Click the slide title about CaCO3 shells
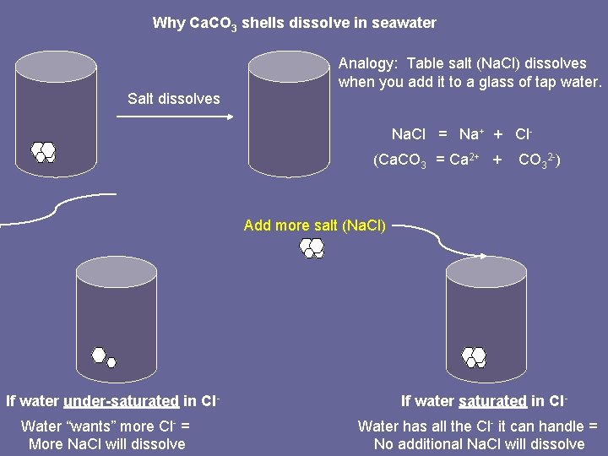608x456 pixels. [x=294, y=23]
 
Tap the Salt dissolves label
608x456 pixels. [x=173, y=99]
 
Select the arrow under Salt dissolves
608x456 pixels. [x=174, y=117]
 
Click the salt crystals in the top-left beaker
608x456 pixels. [x=44, y=152]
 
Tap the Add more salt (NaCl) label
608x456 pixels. [x=314, y=225]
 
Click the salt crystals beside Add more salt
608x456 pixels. [x=312, y=247]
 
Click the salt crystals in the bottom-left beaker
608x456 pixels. [x=104, y=357]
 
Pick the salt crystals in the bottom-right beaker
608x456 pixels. [x=474, y=357]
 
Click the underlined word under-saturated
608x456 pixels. [x=121, y=401]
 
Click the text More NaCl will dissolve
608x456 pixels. [x=106, y=443]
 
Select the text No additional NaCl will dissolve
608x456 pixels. [x=478, y=443]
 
